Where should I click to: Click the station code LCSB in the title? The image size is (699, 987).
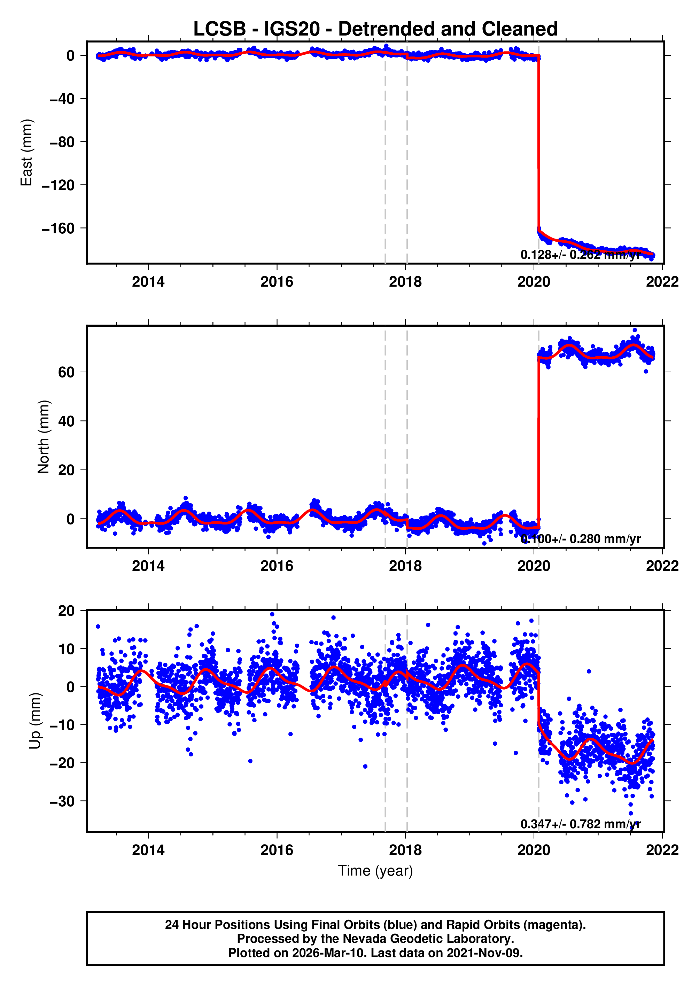coord(219,29)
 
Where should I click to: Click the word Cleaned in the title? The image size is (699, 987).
coord(520,29)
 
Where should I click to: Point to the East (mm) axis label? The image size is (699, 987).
coord(27,153)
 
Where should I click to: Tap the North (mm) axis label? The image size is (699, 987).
coord(44,437)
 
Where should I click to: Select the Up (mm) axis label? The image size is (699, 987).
coord(35,721)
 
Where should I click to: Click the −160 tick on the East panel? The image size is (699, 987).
coord(58,228)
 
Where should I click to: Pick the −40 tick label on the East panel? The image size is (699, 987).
coord(62,99)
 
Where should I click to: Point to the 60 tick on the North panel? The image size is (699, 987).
coord(66,372)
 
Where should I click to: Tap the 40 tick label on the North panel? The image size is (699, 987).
coord(66,421)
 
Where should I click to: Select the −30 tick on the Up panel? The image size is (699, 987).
coord(62,801)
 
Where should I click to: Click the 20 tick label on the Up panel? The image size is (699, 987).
coord(66,611)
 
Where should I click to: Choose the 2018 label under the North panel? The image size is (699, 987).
coord(405,566)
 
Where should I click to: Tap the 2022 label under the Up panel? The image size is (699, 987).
coord(662,850)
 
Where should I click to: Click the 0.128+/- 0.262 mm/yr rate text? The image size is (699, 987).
coord(580,255)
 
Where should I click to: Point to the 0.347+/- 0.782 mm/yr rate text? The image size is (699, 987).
coord(580,824)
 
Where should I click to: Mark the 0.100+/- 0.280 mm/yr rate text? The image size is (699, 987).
coord(580,539)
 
